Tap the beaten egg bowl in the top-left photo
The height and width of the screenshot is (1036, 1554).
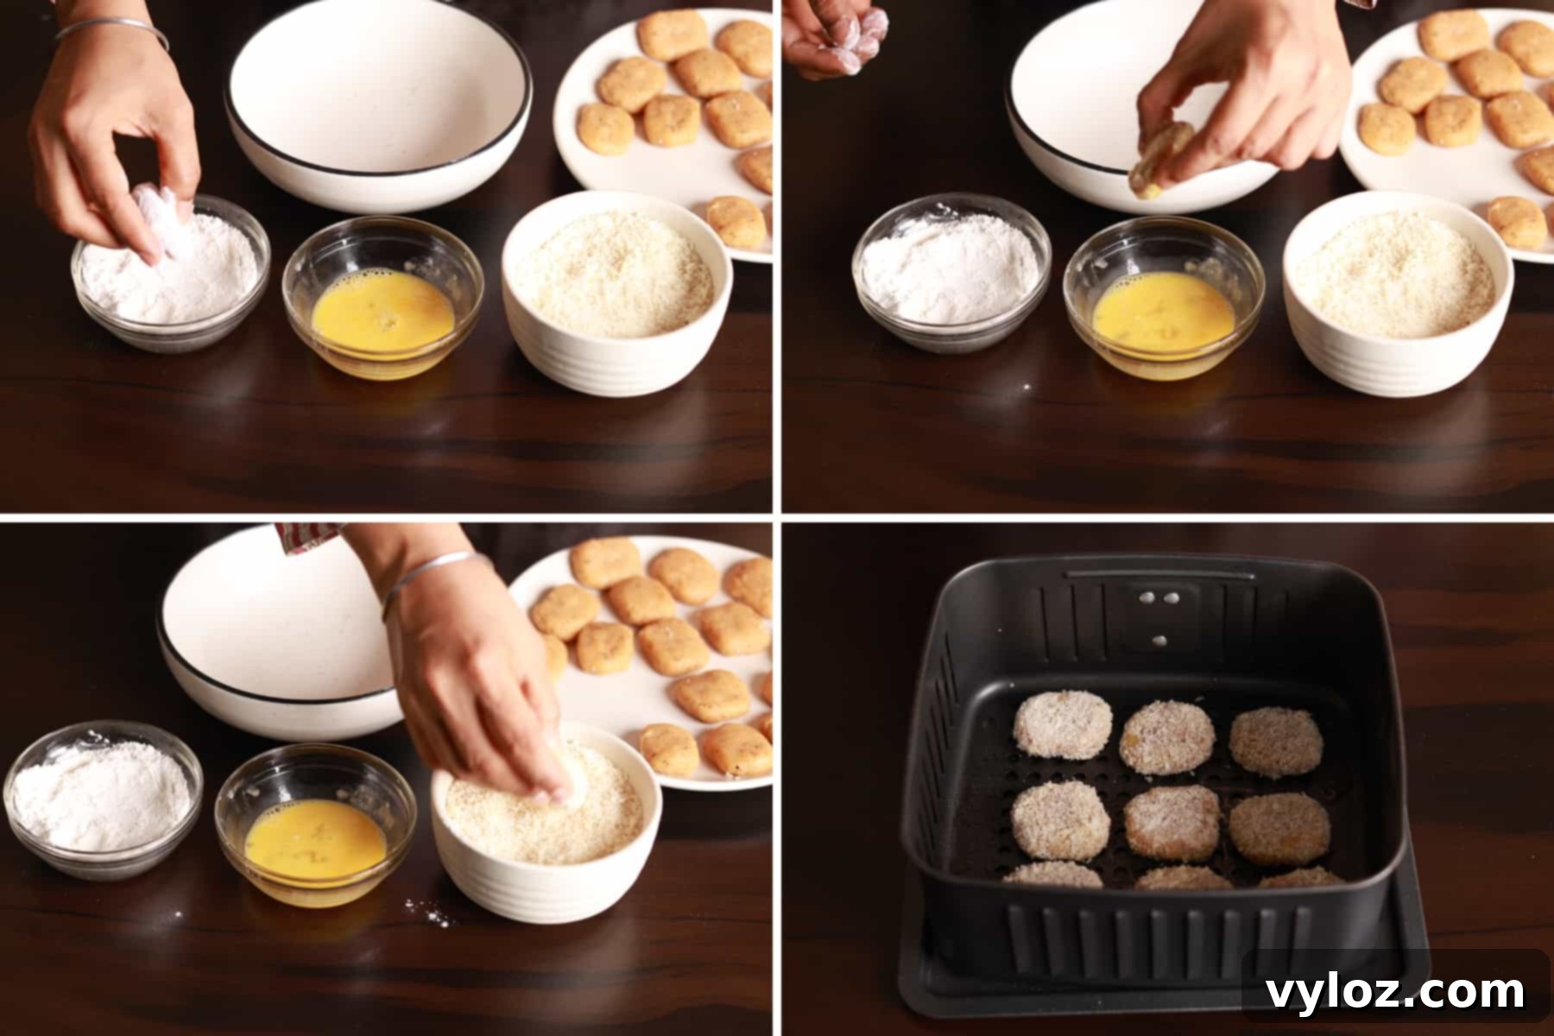(x=382, y=298)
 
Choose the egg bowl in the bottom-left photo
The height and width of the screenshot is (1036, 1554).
(x=315, y=824)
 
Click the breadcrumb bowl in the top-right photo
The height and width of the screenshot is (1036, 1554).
(x=1398, y=294)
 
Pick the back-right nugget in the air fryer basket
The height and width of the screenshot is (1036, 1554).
(x=1275, y=742)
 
